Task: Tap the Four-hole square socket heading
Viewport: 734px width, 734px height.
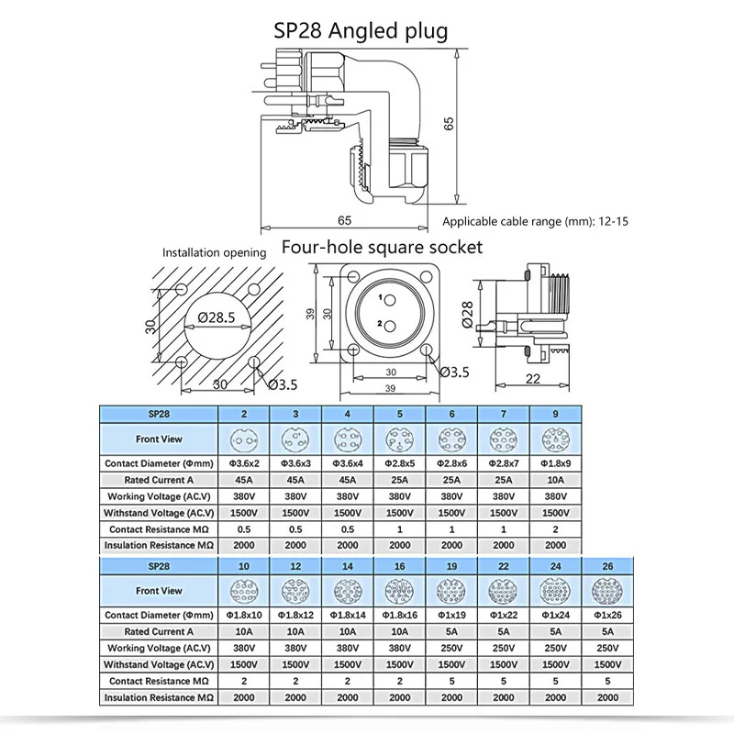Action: [x=382, y=248]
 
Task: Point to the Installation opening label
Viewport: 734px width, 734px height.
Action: [x=214, y=252]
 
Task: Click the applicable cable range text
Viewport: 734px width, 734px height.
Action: [x=534, y=221]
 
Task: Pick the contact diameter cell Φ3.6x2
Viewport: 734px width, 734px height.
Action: [x=244, y=463]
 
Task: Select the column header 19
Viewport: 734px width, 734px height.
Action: [x=452, y=567]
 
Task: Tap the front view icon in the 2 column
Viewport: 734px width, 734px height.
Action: [x=244, y=439]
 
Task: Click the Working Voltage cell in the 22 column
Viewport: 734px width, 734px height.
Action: [x=505, y=648]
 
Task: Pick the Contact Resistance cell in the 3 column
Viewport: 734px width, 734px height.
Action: [x=296, y=528]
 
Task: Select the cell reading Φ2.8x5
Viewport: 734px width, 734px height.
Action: [x=400, y=463]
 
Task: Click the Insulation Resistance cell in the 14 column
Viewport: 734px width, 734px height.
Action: [x=348, y=698]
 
